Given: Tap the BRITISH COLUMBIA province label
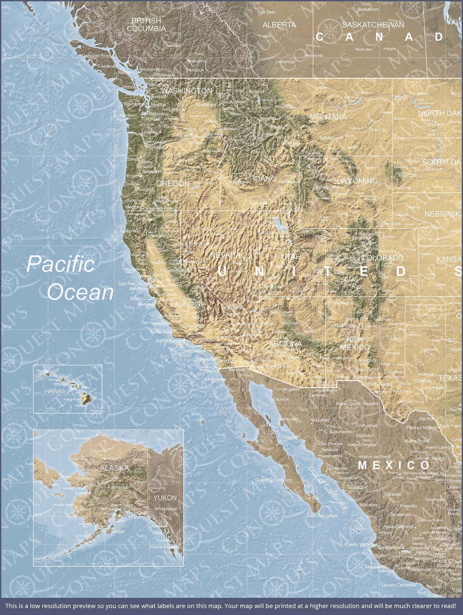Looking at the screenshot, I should click(146, 25).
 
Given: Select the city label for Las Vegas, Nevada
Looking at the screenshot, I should click(232, 307).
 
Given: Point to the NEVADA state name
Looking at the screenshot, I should click(225, 255).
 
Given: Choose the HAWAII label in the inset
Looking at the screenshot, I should click(55, 391).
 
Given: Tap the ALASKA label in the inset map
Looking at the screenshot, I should click(114, 468).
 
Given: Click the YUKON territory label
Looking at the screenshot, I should click(165, 498).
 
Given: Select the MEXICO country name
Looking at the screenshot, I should click(393, 465).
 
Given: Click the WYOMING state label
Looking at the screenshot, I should click(359, 181).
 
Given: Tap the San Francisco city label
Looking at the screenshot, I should click(132, 283).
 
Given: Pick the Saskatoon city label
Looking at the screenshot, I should click(368, 9).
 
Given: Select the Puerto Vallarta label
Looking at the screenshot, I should click(359, 544).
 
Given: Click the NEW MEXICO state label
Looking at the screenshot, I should click(355, 343).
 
